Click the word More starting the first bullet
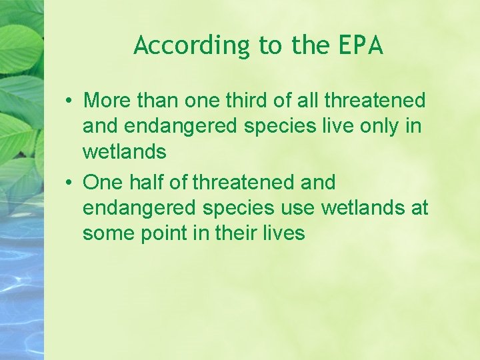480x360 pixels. pyautogui.click(x=109, y=101)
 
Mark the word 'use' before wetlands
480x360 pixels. pyautogui.click(x=297, y=208)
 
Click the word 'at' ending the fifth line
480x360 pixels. pyautogui.click(x=420, y=208)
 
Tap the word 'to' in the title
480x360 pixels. pyautogui.click(x=270, y=45)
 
